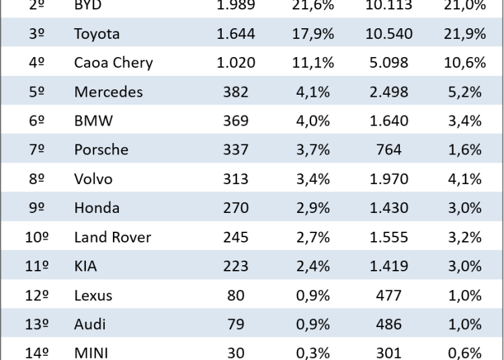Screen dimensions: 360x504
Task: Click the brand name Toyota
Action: [x=96, y=34]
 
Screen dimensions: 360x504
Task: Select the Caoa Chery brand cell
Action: [x=114, y=63]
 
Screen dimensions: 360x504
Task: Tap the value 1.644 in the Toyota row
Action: [x=236, y=34]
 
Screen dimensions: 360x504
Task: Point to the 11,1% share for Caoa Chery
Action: [x=313, y=63]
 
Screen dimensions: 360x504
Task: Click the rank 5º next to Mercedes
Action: [x=37, y=92]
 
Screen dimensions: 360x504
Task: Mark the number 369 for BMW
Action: [x=236, y=121]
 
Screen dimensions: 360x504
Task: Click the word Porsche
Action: [x=101, y=150]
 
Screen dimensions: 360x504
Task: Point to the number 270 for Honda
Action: [x=236, y=208]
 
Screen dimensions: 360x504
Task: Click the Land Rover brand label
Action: [x=112, y=237]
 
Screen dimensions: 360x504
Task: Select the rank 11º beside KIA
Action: [x=37, y=266]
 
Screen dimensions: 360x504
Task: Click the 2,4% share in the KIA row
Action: [x=313, y=266]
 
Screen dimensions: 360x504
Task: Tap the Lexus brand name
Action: [x=93, y=295]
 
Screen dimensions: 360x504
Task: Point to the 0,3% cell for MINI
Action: [x=313, y=353]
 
